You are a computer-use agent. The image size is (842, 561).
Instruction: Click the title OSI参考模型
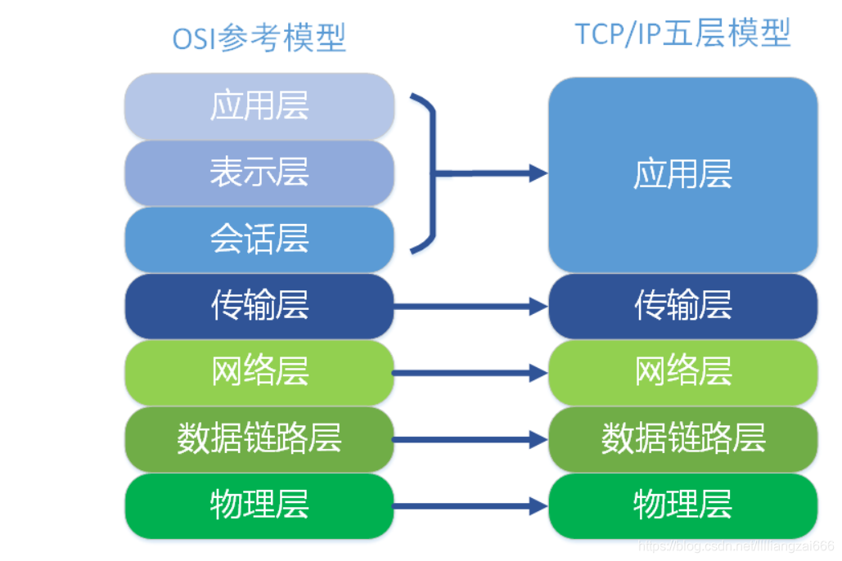[x=259, y=38]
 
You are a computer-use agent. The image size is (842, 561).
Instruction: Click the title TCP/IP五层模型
[x=682, y=34]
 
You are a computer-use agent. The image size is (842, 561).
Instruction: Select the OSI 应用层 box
[x=259, y=106]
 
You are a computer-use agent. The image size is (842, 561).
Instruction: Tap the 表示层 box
[x=259, y=173]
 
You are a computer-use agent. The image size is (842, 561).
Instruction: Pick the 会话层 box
[x=259, y=240]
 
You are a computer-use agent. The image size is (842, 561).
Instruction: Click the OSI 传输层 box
[x=259, y=307]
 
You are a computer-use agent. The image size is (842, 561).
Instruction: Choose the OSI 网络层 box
[x=259, y=373]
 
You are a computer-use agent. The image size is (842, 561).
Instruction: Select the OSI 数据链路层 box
[x=259, y=439]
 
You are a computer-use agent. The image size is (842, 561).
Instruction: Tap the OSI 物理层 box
[x=259, y=505]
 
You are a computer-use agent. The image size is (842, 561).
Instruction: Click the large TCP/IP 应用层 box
[x=682, y=175]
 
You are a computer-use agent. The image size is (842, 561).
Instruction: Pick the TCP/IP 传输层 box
[x=682, y=307]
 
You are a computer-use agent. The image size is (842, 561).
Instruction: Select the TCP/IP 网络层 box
[x=682, y=373]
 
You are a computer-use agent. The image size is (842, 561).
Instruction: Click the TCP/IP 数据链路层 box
[x=682, y=439]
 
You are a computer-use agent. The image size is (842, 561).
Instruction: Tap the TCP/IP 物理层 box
[x=682, y=505]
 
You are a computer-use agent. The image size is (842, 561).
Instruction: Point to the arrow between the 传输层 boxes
[x=471, y=307]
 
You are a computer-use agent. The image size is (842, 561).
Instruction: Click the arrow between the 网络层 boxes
[x=471, y=374]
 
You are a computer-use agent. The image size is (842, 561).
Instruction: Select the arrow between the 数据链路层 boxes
[x=471, y=440]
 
